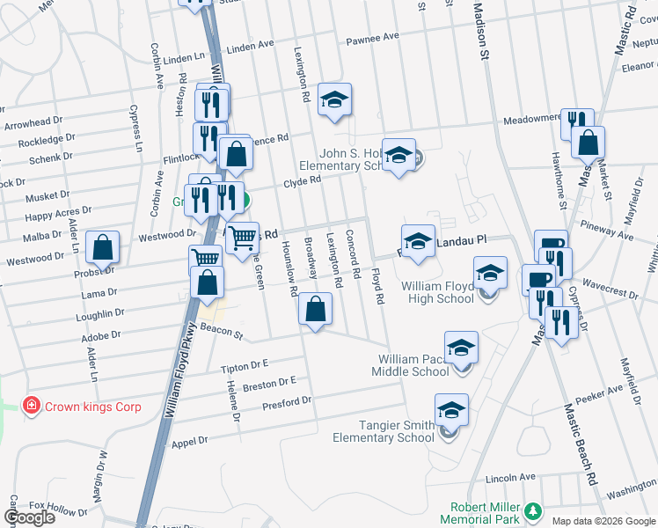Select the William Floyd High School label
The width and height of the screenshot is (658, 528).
(437, 292)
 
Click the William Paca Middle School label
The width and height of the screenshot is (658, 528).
(413, 365)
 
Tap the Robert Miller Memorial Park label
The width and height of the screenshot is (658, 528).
(486, 513)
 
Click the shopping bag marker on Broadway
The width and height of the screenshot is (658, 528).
(314, 310)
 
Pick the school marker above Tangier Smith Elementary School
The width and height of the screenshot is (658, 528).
(451, 410)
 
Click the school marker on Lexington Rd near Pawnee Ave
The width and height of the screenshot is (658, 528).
(334, 99)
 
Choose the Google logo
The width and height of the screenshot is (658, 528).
(29, 517)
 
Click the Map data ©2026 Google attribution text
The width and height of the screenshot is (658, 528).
(603, 521)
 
